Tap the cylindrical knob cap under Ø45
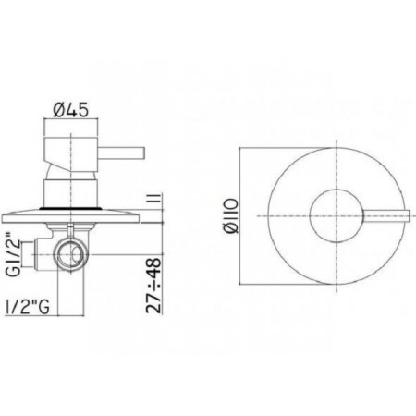(70, 150)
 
